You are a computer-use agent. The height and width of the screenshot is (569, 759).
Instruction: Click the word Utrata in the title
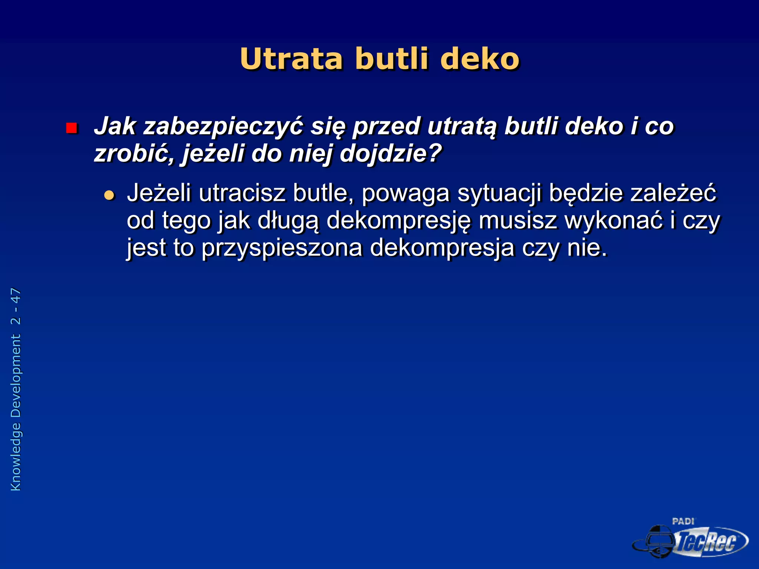(x=291, y=59)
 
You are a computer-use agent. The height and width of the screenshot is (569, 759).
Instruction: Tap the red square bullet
(x=71, y=128)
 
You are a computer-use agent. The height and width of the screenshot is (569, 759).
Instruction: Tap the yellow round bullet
(x=109, y=195)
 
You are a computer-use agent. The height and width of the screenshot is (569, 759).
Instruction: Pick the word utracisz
(x=242, y=193)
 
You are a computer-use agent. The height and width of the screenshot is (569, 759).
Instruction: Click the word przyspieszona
(x=282, y=248)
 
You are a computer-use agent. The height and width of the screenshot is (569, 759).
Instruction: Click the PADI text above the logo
(x=683, y=522)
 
